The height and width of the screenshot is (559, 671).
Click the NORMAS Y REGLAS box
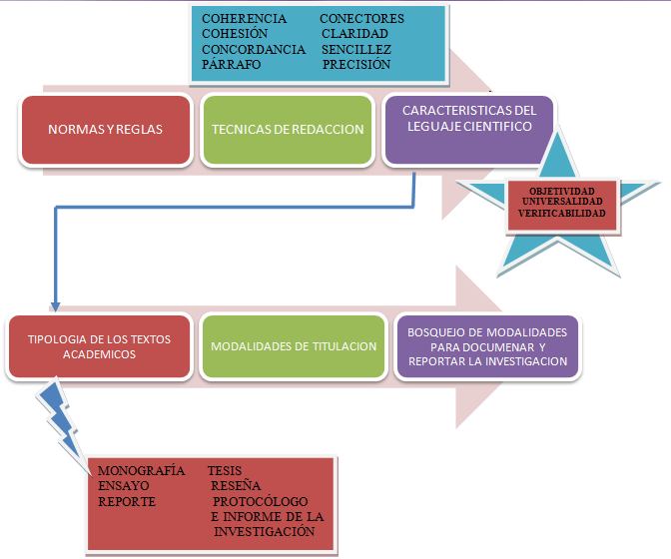click(105, 130)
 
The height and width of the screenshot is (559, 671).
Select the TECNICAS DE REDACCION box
click(286, 130)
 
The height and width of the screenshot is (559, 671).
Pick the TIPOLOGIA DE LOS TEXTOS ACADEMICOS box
click(99, 346)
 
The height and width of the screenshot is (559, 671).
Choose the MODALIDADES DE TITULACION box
click(294, 346)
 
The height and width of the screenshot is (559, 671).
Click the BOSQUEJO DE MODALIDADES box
click(487, 346)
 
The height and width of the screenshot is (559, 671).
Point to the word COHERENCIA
click(244, 19)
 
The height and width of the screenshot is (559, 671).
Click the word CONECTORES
click(361, 19)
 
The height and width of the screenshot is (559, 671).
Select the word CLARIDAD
click(354, 34)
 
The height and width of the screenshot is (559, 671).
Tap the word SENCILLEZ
click(356, 49)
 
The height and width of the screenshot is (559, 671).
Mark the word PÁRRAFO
click(231, 64)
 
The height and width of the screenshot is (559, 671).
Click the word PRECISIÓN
click(356, 64)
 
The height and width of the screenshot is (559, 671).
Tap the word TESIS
click(225, 470)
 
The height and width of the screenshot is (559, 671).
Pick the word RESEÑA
click(236, 485)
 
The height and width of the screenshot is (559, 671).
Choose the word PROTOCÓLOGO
click(261, 501)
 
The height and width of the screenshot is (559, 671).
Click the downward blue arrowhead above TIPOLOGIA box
click(55, 303)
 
